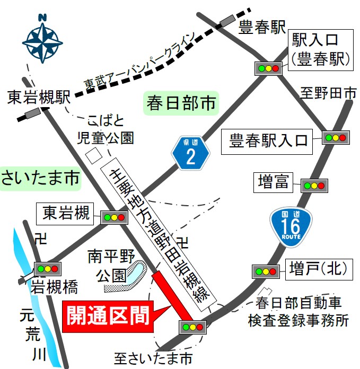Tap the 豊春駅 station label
click(x=262, y=27)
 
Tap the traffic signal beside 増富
click(x=314, y=185)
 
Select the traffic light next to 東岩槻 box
click(x=114, y=216)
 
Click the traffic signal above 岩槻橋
click(x=47, y=268)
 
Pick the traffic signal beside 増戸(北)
click(x=266, y=271)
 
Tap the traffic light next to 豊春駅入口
click(x=336, y=138)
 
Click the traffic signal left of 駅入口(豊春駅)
click(x=268, y=68)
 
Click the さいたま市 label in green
click(x=40, y=178)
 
